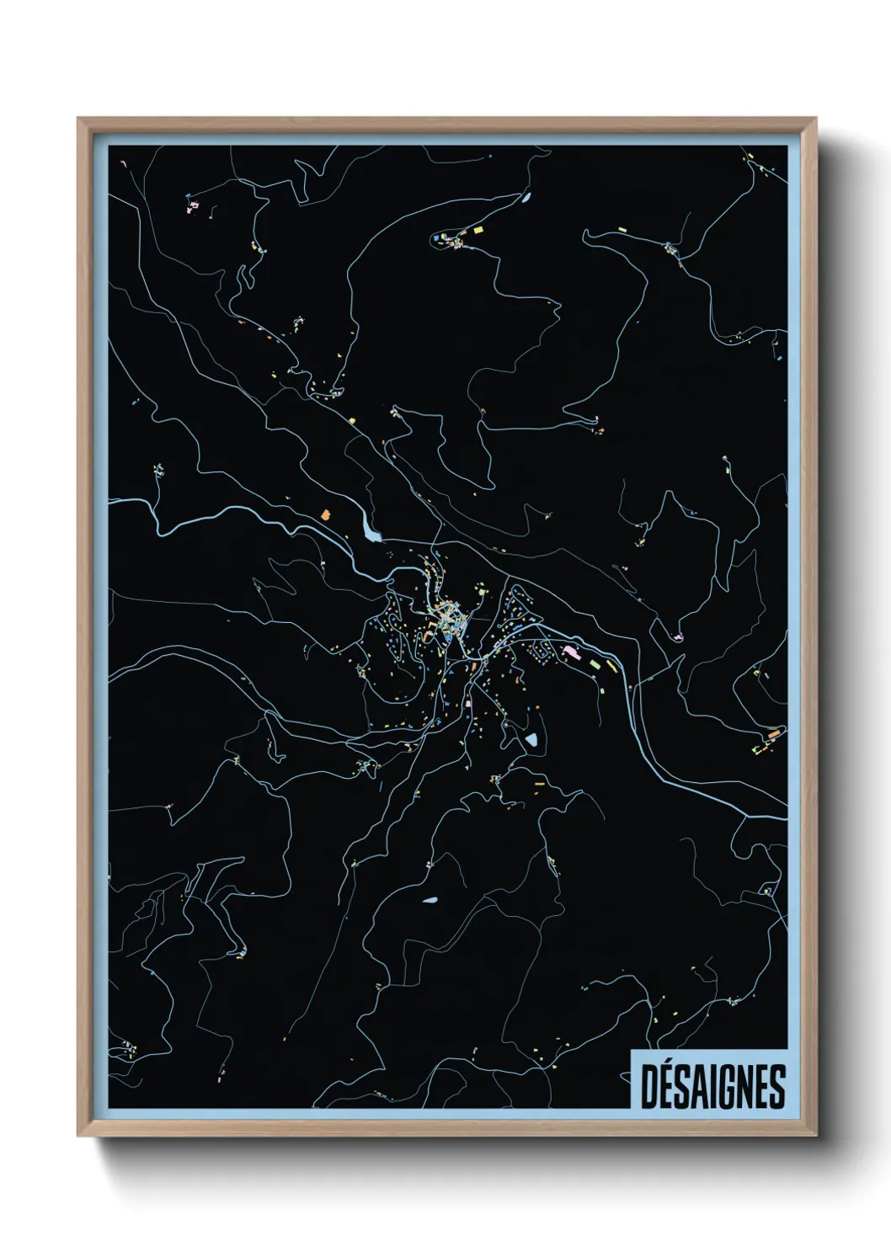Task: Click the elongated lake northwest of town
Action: point(370,530)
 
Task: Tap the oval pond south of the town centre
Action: point(531,740)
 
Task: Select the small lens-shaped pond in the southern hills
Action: point(431,900)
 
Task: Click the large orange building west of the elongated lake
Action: point(327,512)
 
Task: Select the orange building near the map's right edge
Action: point(771,734)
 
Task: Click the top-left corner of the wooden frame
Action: point(78,119)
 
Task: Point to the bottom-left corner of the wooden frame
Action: point(78,1136)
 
